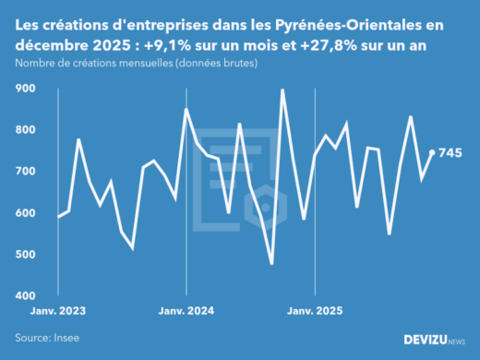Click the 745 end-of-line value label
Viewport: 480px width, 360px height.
click(x=450, y=153)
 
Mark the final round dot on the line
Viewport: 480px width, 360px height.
click(x=432, y=152)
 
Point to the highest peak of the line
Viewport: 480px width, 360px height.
click(x=282, y=90)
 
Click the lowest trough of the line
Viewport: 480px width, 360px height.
click(x=271, y=264)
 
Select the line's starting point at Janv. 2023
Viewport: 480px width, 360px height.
click(x=57, y=217)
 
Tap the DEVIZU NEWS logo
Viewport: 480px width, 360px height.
click(x=435, y=341)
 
